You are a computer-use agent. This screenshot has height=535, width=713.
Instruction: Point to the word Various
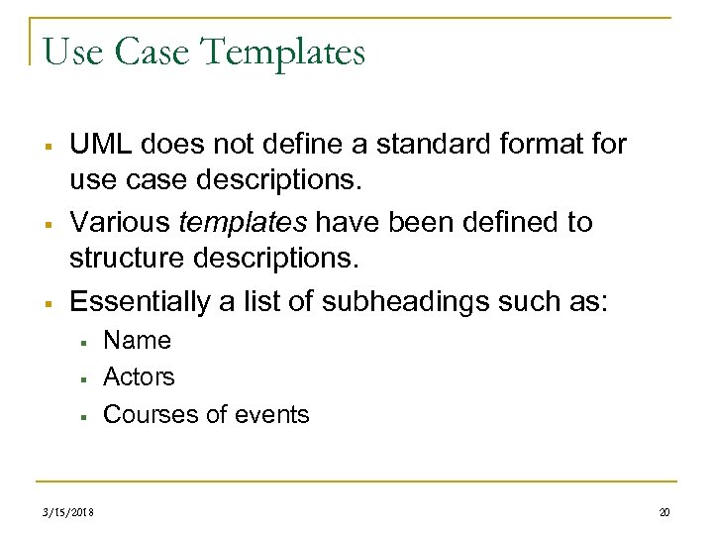click(x=113, y=222)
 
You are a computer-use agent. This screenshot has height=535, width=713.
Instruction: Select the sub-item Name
click(x=137, y=341)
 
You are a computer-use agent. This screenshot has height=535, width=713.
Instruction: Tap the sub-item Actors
click(x=139, y=377)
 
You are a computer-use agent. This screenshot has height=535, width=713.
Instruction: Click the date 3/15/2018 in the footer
click(x=71, y=512)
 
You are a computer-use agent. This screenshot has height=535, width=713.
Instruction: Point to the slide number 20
click(x=664, y=512)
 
